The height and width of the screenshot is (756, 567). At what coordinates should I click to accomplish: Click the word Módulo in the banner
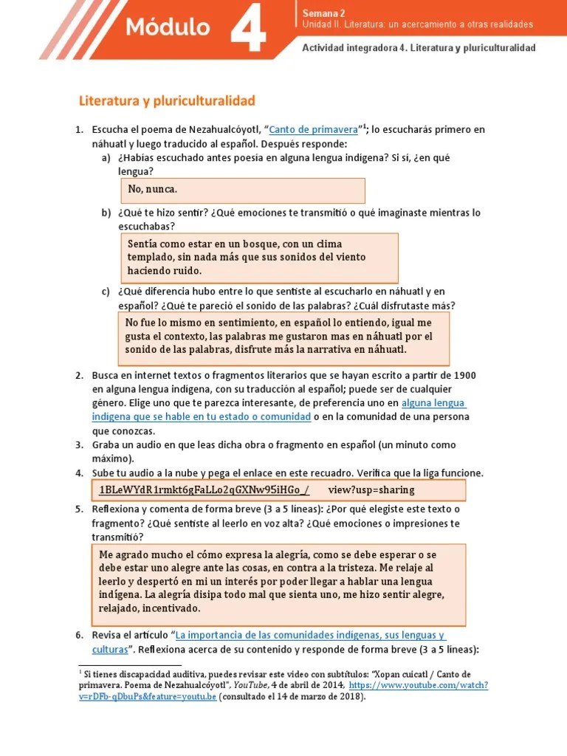pos(168,27)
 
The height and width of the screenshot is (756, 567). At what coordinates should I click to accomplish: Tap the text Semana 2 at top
pos(323,13)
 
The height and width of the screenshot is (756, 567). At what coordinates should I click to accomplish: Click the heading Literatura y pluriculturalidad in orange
pos(167,100)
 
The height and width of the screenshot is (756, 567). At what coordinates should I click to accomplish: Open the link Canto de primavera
pos(314,129)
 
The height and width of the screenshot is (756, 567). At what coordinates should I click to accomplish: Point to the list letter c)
pos(106,292)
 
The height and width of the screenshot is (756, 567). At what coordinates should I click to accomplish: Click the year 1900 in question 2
pos(470,375)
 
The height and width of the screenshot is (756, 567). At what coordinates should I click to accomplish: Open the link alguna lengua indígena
pos(433,403)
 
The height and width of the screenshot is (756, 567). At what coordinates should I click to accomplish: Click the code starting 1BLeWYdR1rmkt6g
pos(204,489)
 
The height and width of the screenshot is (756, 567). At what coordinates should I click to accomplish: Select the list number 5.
pos(79,509)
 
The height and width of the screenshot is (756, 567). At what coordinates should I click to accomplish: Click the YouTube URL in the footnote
pos(418,685)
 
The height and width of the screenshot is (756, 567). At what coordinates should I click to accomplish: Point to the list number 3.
pos(79,445)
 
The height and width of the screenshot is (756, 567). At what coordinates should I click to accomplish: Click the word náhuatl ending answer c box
pos(384,349)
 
